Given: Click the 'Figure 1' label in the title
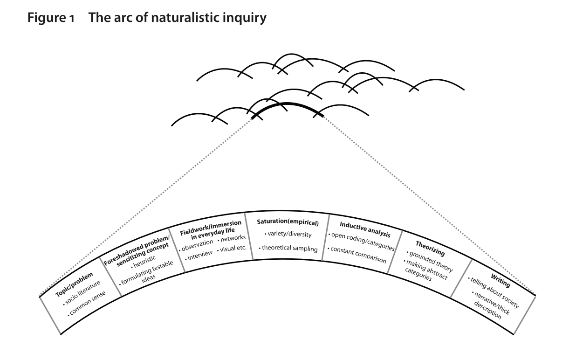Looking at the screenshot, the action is pos(51,18).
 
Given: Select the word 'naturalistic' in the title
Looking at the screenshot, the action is pos(185,18).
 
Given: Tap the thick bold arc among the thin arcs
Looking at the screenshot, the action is pos(287,104).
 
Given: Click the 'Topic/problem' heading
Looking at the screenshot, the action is pos(74,284).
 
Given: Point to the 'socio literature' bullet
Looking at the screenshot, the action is pos(82,293).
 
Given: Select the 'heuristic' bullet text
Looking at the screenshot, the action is pos(144,262).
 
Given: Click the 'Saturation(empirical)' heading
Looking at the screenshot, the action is pos(288,222).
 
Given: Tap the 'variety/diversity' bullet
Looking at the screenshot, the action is pos(288,234).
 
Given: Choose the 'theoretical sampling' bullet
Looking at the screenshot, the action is pos(288,248).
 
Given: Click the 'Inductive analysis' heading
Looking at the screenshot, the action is pos(365,229).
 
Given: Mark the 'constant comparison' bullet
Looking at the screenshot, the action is pos(357,255).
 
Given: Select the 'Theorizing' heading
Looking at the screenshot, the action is pos(430,249).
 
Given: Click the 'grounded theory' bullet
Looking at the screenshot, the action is pos(430,261).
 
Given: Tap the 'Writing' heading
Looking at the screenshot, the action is pos(500,281).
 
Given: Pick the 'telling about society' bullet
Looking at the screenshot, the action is pos(494,292).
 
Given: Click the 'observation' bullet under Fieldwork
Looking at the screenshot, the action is pos(196,245).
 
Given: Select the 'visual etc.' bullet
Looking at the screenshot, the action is pos(232,249).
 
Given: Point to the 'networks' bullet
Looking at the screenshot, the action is pos(232,238).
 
